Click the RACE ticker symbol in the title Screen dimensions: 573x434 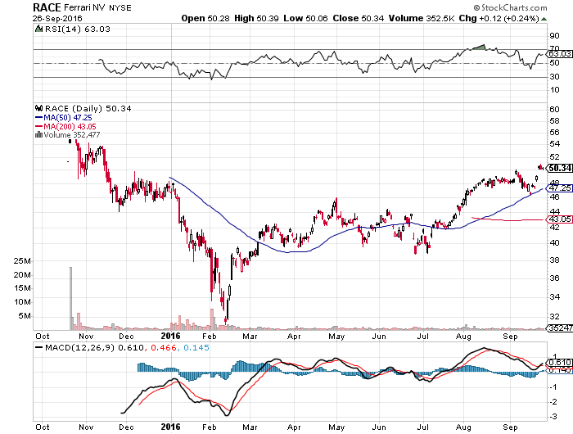pyautogui.click(x=47, y=7)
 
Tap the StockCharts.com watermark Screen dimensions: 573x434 pyautogui.click(x=511, y=7)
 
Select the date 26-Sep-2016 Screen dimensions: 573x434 pyautogui.click(x=57, y=19)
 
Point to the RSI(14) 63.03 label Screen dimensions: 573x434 pyautogui.click(x=77, y=29)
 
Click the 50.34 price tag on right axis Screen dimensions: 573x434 pyautogui.click(x=560, y=168)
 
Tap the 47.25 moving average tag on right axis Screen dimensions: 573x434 pyautogui.click(x=559, y=188)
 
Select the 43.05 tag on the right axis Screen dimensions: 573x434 pyautogui.click(x=559, y=219)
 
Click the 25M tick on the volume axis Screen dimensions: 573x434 pyautogui.click(x=22, y=261)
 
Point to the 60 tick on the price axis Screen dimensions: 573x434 pyautogui.click(x=554, y=110)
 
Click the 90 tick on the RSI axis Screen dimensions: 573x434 pyautogui.click(x=554, y=36)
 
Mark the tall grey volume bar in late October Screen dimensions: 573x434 pyautogui.click(x=70, y=298)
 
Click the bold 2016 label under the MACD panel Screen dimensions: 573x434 pyautogui.click(x=170, y=427)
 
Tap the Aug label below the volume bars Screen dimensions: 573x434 pyautogui.click(x=463, y=337)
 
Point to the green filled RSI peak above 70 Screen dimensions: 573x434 pyautogui.click(x=479, y=47)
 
